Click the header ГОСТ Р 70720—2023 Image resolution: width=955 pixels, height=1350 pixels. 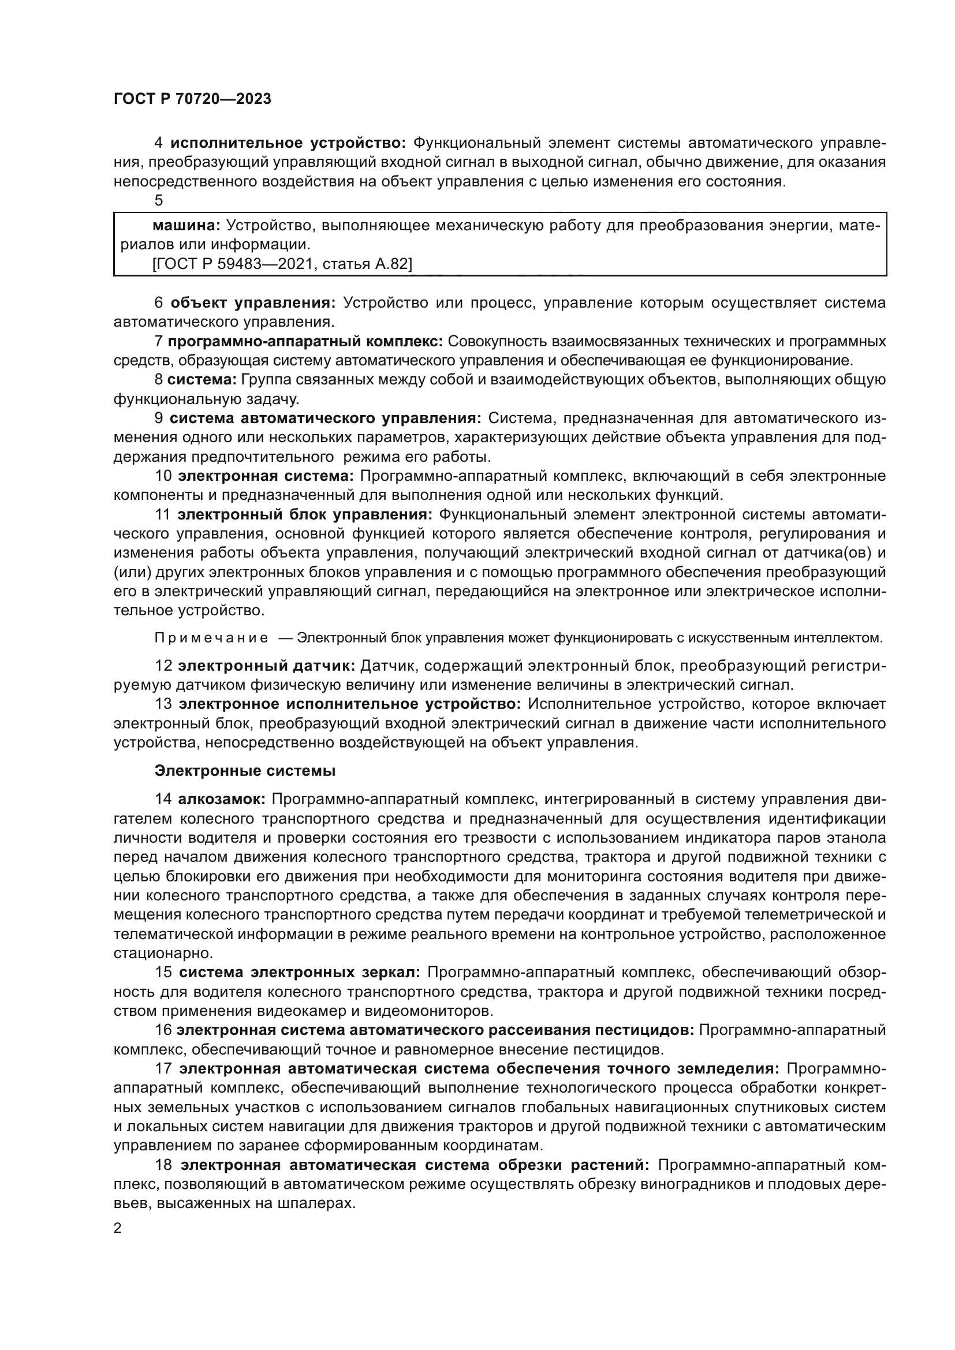point(192,99)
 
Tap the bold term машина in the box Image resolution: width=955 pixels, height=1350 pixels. point(186,225)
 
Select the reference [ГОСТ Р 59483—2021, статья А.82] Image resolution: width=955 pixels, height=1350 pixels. point(282,264)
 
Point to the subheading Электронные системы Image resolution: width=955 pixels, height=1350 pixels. point(245,771)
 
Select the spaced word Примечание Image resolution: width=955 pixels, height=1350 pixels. point(211,638)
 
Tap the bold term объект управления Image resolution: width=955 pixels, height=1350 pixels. point(253,303)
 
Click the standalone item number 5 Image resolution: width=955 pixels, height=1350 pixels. point(159,200)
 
